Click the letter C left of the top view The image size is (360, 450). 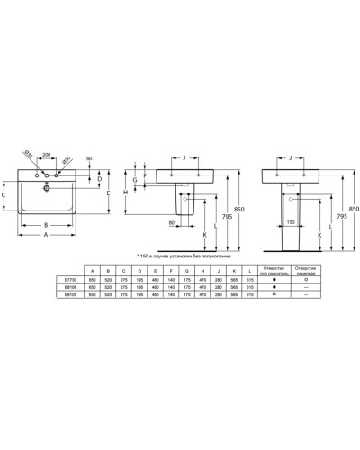pos(4,193)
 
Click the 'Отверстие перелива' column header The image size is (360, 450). pos(308,269)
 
